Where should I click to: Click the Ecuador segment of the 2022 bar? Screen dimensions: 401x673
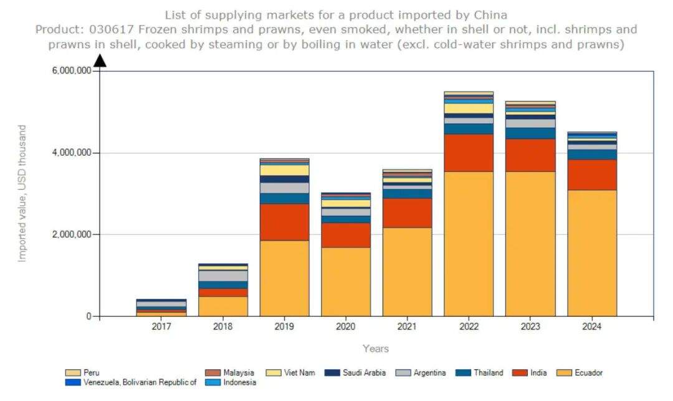click(x=468, y=243)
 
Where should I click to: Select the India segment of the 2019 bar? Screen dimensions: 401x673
click(x=284, y=222)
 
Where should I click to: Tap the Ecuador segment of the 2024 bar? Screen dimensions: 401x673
click(x=591, y=253)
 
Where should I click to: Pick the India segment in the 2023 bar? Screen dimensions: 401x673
click(x=530, y=155)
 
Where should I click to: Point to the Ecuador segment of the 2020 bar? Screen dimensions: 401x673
click(x=345, y=281)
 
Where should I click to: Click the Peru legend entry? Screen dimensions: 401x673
click(x=90, y=373)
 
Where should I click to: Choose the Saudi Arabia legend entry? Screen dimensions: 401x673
click(x=364, y=373)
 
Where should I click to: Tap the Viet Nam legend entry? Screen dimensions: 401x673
click(x=299, y=373)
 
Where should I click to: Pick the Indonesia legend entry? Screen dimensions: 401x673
click(x=239, y=382)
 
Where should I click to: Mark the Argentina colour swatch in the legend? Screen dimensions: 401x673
click(x=403, y=373)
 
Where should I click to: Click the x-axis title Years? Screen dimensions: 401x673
click(x=376, y=349)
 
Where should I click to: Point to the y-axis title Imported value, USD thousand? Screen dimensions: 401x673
click(x=22, y=193)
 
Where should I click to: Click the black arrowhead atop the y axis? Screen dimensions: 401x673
click(x=100, y=60)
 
